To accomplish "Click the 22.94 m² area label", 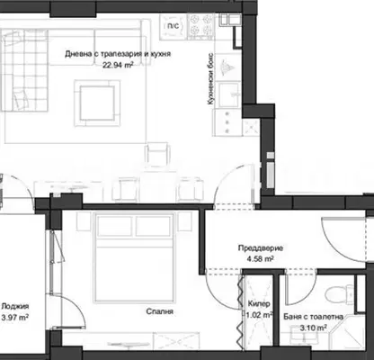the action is point(118,65).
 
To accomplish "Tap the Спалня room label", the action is point(160,311).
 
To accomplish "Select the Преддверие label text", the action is point(261,248).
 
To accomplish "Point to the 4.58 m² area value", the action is point(260,258).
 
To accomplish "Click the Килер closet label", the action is point(259,304).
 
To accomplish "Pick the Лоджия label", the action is point(15,306).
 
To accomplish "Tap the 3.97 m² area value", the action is point(15,317).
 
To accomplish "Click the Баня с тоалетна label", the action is point(313,317).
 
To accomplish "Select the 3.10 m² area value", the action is point(313,328).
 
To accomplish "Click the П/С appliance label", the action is point(173,26).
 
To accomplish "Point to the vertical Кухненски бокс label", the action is point(210,79).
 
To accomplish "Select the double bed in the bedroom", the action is point(134,256).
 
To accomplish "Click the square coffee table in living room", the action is point(97,103).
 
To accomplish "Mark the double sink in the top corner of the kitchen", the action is point(230,20).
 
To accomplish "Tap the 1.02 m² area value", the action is point(259,315).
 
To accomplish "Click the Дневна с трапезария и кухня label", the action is point(118,54).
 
